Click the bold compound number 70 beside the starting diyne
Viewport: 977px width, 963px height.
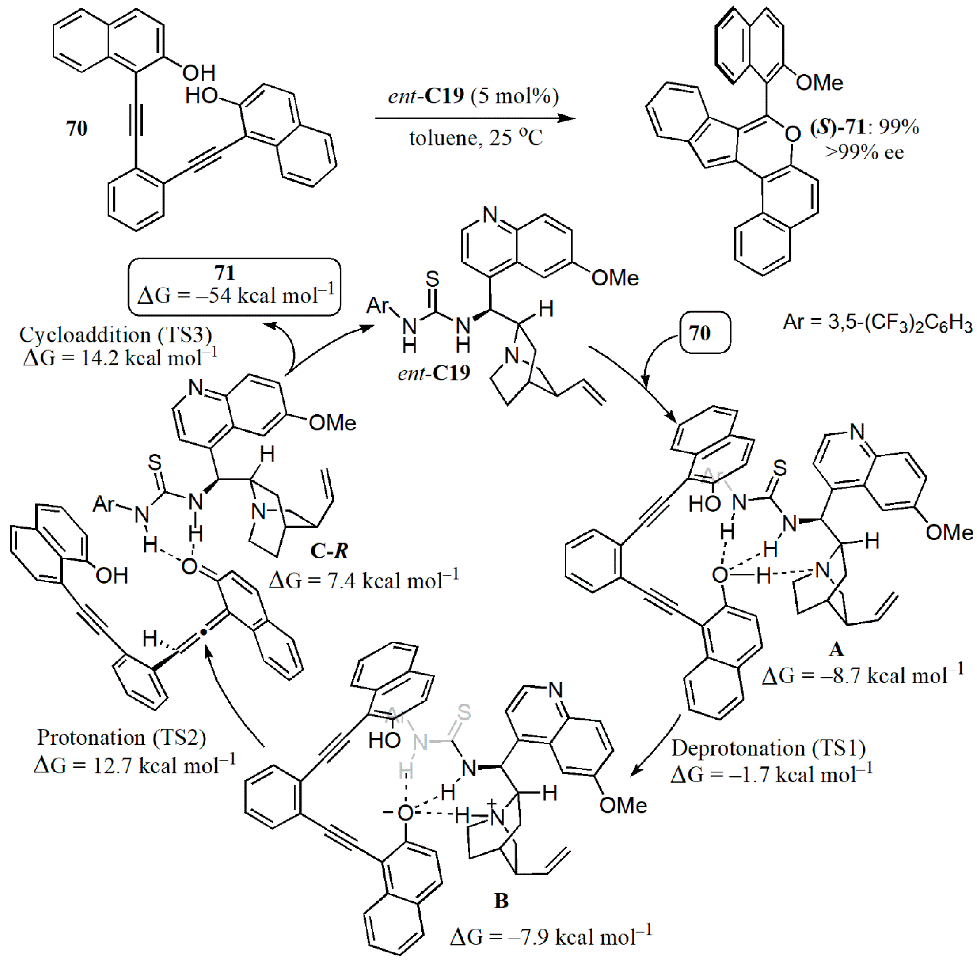(77, 128)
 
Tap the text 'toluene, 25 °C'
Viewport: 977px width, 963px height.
(475, 138)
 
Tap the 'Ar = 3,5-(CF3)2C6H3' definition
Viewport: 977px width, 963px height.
(877, 322)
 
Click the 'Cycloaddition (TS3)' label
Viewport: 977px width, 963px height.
(115, 335)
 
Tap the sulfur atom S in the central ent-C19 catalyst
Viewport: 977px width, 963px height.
(432, 279)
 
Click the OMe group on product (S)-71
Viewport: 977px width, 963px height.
(819, 83)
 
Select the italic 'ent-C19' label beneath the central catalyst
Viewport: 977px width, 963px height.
(434, 373)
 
